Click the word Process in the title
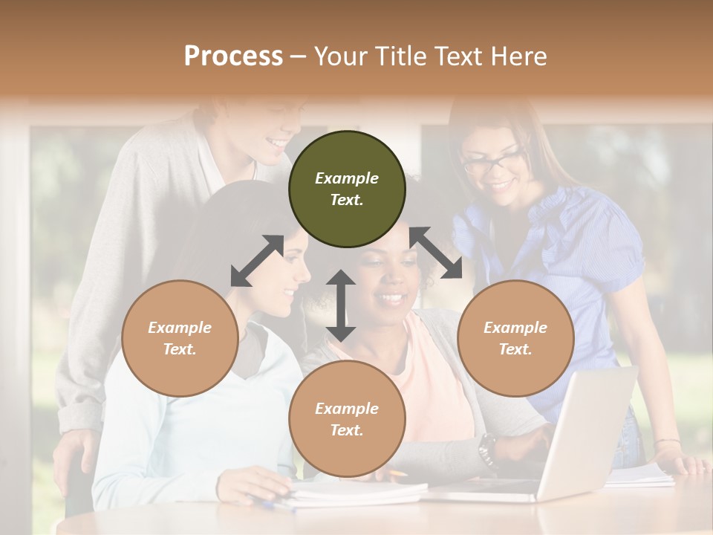233,56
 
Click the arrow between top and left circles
257,261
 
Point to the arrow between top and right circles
435,253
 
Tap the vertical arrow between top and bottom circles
341,305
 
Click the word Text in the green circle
346,200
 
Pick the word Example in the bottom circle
347,409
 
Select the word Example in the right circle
515,328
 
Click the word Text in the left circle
179,349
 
